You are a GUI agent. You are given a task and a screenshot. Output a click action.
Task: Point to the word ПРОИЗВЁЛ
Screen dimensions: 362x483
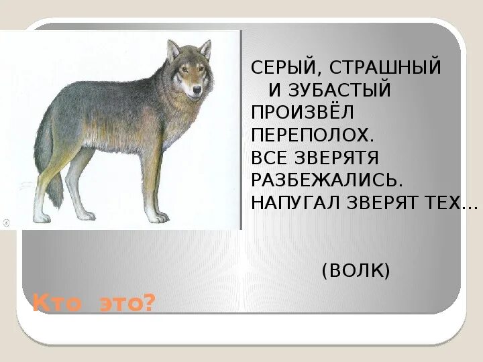pos(302,113)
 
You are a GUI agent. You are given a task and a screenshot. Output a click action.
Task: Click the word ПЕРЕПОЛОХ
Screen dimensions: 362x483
pos(312,135)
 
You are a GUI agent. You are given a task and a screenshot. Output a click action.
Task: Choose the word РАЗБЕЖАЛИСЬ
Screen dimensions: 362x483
pos(327,180)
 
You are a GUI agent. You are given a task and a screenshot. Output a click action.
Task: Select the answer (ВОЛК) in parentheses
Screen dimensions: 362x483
pos(356,271)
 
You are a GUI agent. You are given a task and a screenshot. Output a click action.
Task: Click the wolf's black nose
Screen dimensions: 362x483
pos(196,88)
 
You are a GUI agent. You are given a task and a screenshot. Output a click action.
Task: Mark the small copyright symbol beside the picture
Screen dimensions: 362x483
pos(5,222)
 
